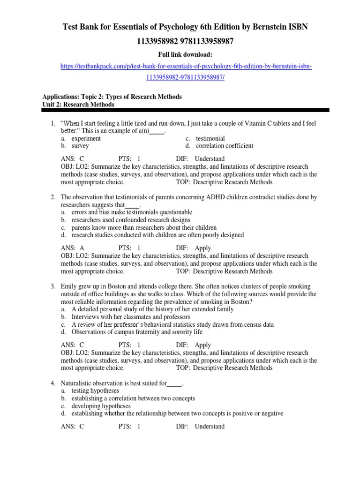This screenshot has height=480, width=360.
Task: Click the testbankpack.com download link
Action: pos(186,67)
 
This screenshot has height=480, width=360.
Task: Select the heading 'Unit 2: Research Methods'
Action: pos(78,105)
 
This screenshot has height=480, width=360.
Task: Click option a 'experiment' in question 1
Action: pos(86,138)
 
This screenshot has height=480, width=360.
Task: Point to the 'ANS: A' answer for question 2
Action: pos(73,248)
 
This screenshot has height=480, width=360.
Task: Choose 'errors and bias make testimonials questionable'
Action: pos(132,212)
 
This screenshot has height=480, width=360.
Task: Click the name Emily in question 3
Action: pos(70,286)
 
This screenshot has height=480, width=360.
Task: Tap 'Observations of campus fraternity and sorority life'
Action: pos(137,332)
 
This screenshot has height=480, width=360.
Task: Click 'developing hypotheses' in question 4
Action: pos(101,406)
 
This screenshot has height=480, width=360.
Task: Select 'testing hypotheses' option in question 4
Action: pos(95,390)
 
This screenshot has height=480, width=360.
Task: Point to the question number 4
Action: pos(53,383)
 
